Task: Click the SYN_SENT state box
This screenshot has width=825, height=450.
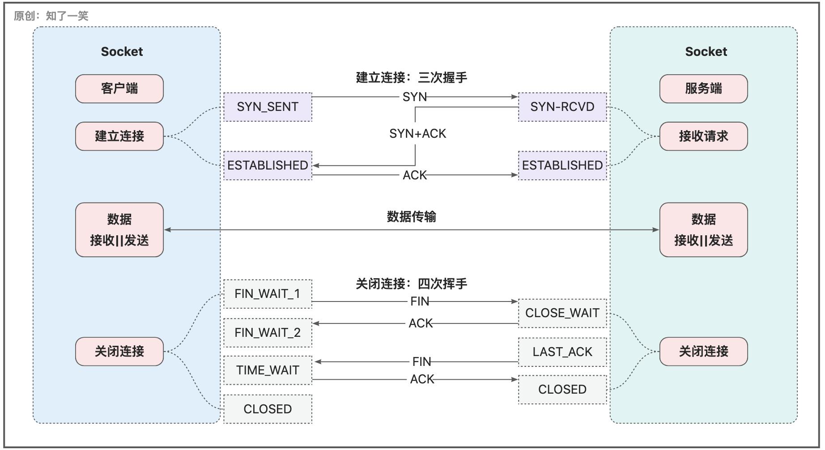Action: (x=268, y=107)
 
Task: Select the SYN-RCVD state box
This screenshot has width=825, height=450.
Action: (x=562, y=107)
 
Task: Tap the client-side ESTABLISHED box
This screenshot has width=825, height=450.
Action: (x=268, y=166)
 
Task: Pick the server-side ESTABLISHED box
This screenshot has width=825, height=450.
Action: (x=562, y=166)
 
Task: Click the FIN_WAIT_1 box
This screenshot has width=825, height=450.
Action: (x=268, y=294)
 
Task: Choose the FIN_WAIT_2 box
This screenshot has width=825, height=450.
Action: (x=268, y=332)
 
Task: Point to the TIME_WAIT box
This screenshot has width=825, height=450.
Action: (x=268, y=370)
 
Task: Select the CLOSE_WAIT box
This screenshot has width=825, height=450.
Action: (x=562, y=313)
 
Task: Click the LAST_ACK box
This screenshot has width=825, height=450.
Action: (x=562, y=352)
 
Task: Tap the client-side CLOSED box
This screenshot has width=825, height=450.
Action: (x=268, y=409)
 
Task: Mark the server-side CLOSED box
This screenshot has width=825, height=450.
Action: (x=562, y=390)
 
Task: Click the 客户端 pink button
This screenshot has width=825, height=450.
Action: (x=119, y=89)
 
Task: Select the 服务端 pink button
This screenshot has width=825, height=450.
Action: (x=703, y=89)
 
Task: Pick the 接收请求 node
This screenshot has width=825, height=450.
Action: (x=703, y=136)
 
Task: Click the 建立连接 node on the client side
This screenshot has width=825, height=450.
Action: (x=119, y=136)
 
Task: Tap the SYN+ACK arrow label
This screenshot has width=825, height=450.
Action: (x=417, y=134)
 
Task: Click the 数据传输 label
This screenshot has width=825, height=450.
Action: (x=411, y=217)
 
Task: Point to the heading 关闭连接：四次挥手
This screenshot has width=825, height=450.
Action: (x=411, y=284)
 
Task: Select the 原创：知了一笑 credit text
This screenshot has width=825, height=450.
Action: (x=51, y=16)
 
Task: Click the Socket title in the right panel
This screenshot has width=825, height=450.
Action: (x=706, y=51)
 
